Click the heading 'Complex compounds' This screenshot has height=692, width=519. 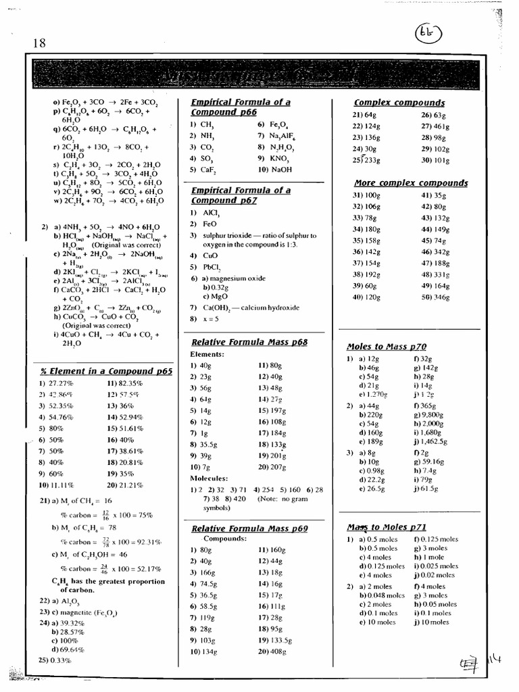click(x=399, y=103)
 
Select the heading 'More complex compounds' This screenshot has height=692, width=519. click(x=411, y=183)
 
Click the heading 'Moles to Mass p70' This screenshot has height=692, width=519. click(x=386, y=347)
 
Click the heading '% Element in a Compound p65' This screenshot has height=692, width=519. click(x=105, y=371)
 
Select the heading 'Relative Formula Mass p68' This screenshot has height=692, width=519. click(x=249, y=343)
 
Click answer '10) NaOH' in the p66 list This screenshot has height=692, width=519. click(x=274, y=170)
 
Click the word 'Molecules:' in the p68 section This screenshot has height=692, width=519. click(x=209, y=478)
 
